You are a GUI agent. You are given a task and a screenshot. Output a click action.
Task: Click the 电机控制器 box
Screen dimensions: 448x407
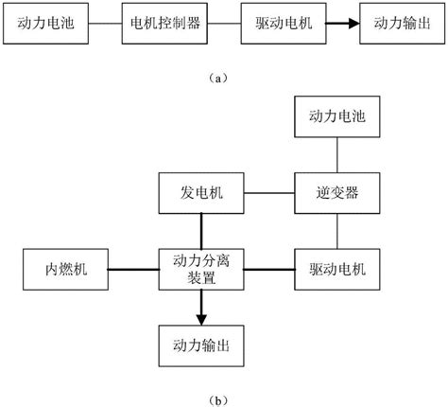[164, 24]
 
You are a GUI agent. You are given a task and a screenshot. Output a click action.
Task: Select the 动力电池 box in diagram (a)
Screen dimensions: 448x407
[45, 24]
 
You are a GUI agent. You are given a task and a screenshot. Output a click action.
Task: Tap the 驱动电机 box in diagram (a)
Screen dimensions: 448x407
[284, 24]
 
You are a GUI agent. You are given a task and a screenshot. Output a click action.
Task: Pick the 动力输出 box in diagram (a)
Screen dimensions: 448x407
[403, 24]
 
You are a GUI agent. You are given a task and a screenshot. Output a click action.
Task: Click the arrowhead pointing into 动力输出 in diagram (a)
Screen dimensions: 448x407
[354, 24]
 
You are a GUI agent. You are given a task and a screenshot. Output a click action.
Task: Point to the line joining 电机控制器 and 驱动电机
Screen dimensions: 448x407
[224, 24]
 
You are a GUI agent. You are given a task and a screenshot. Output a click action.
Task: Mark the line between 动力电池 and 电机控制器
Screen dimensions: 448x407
[105, 24]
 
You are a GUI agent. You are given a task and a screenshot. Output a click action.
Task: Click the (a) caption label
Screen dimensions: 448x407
[217, 78]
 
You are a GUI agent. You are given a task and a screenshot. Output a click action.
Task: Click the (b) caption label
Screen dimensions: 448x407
[217, 400]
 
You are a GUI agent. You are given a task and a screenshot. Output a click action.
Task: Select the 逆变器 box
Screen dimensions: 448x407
[337, 193]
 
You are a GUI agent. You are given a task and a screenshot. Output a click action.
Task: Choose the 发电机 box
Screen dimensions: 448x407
[201, 193]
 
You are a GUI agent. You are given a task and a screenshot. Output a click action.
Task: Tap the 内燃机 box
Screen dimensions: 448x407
[65, 270]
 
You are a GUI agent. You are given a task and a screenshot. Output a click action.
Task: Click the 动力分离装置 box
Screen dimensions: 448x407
[201, 270]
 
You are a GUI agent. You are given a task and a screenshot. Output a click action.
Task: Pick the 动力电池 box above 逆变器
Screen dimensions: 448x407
[337, 116]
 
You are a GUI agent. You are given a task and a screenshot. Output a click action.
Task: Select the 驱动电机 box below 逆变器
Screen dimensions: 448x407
[337, 270]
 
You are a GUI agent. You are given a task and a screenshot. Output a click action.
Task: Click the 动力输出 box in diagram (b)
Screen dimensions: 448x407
[201, 345]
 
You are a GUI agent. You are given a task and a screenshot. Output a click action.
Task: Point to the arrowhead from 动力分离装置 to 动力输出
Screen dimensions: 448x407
[201, 320]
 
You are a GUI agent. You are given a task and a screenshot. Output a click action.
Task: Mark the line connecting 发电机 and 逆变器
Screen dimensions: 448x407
[269, 193]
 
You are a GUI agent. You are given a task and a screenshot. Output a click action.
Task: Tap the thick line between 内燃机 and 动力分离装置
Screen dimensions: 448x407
[133, 270]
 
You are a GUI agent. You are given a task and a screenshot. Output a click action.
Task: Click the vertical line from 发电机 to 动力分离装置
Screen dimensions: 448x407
[201, 231]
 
